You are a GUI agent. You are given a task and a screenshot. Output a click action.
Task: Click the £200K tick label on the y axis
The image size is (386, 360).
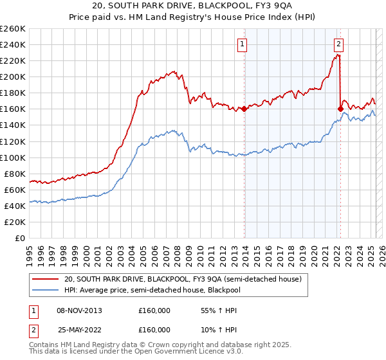pos(13,76)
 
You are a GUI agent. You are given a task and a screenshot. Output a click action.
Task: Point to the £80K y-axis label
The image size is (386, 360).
pos(15,174)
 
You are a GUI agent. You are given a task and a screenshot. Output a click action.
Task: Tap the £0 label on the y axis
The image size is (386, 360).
pos(21,238)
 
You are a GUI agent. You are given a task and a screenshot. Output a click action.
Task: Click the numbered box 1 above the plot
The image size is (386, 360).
pos(242,44)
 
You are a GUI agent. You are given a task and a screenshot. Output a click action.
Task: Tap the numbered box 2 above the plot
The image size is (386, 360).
pos(338,44)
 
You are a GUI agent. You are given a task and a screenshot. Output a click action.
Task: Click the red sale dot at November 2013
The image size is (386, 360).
pos(244,109)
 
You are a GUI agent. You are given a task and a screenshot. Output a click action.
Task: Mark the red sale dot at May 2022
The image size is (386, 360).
pos(341,109)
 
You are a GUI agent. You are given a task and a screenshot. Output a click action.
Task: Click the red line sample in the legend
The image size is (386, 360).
pos(45,279)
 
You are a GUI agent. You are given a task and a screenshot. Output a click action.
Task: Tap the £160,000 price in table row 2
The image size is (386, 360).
pos(154,330)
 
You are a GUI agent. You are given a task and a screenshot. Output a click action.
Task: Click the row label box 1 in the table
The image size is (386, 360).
pos(32,310)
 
